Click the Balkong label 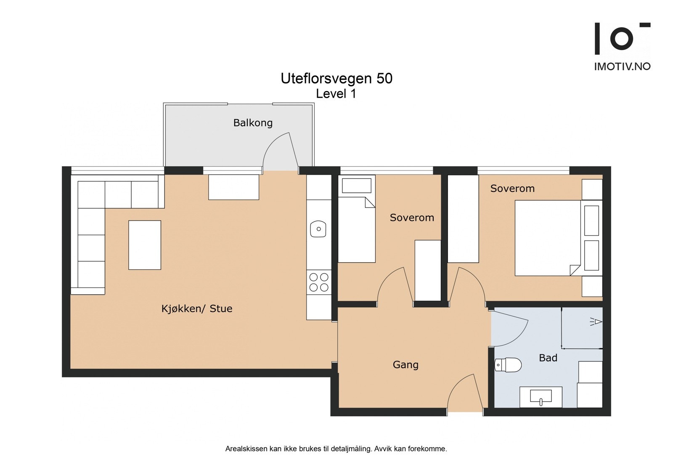pos(253,123)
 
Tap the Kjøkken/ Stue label pos(197,309)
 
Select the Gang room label pos(405,365)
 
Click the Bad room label pos(548,358)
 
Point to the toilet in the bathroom pos(508,365)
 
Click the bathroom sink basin pos(541,396)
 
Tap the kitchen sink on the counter pos(318,229)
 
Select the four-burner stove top pos(319,282)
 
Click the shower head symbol pos(596,322)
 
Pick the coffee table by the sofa pos(145,245)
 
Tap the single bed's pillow pos(357,186)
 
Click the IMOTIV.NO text pos(622,66)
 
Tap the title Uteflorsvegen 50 pos(336,78)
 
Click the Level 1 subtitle pos(336,94)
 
